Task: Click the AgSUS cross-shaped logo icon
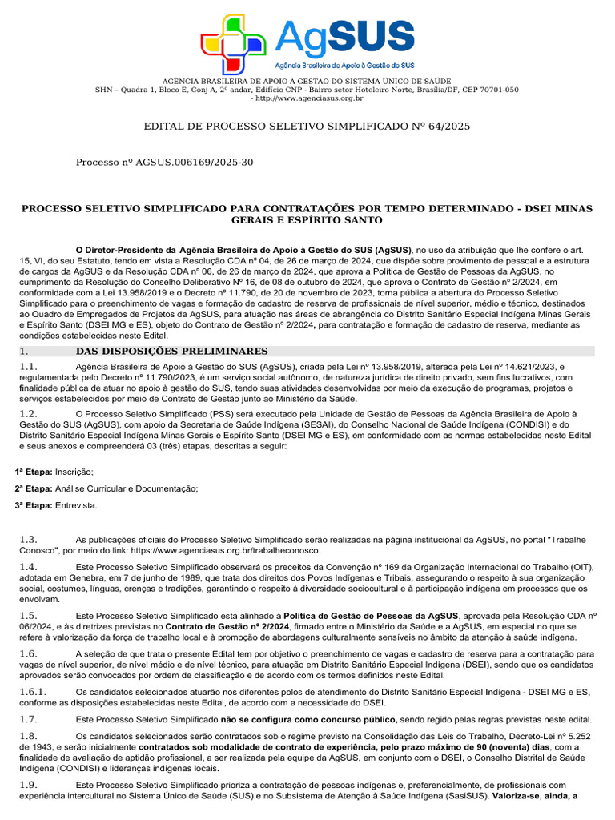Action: click(x=233, y=44)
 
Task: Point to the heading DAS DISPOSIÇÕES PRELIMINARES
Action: click(x=171, y=351)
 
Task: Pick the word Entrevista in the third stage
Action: click(x=76, y=505)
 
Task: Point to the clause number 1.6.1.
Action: click(x=34, y=692)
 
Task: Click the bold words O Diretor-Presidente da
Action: click(x=126, y=249)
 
